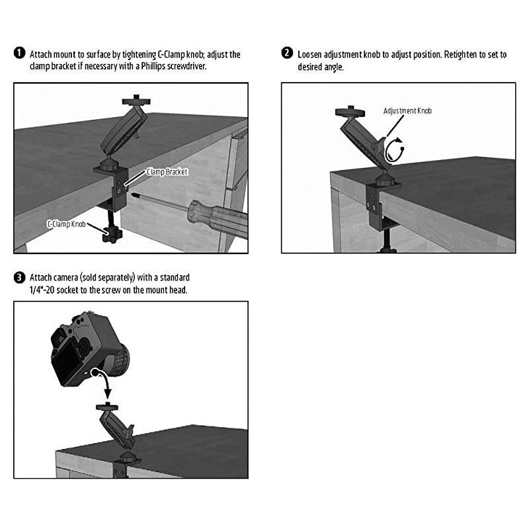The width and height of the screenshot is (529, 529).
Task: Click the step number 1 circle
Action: [x=20, y=53]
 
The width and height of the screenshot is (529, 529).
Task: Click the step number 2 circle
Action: [x=287, y=53]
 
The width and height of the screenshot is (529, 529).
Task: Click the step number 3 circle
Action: [x=20, y=277]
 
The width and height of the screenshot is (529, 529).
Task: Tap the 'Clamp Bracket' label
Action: [x=167, y=172]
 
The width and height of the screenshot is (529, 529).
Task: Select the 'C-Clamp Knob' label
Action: [x=66, y=224]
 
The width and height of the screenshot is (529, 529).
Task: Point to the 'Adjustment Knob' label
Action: [x=407, y=110]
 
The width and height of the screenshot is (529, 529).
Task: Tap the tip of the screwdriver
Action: [x=133, y=194]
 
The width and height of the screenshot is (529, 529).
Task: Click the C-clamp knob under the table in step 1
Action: [x=111, y=234]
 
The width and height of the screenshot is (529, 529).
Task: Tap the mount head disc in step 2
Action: [x=350, y=112]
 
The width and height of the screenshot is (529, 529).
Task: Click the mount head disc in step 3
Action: [x=107, y=407]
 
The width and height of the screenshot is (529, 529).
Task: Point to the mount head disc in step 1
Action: [x=136, y=101]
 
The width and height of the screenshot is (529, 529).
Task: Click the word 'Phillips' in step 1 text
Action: [x=154, y=65]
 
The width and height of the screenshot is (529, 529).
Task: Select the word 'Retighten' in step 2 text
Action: [x=460, y=55]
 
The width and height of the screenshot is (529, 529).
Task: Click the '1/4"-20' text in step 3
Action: [x=42, y=290]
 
